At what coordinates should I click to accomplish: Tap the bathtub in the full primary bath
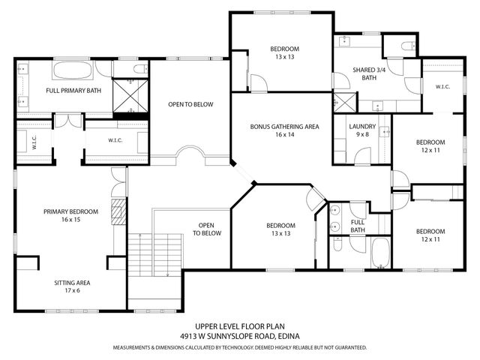click(x=73, y=71)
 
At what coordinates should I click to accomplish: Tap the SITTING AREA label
click(x=72, y=283)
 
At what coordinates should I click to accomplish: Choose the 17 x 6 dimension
click(x=72, y=291)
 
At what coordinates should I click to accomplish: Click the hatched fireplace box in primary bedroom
click(x=115, y=214)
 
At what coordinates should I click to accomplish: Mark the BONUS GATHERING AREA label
click(x=284, y=127)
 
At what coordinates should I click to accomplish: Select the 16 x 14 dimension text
click(x=284, y=135)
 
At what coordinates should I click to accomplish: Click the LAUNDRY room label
click(x=363, y=127)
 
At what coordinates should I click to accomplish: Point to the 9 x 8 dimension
click(x=363, y=135)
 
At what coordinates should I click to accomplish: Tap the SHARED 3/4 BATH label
click(x=368, y=73)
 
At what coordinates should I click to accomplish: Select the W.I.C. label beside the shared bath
click(x=442, y=86)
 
